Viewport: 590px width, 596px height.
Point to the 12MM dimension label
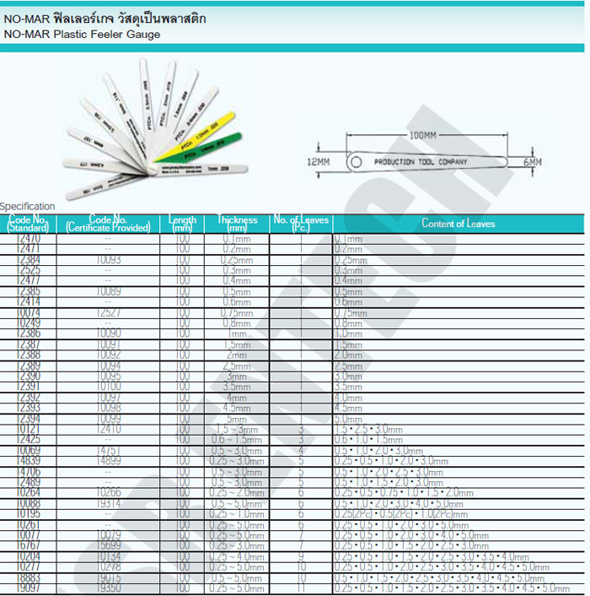click(x=317, y=160)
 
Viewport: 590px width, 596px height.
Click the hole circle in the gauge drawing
click(x=357, y=160)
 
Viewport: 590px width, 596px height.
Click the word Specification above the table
click(x=28, y=206)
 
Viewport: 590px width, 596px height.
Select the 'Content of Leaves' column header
click(x=459, y=224)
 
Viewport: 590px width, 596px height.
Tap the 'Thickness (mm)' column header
click(x=237, y=224)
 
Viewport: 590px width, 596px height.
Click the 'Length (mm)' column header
click(x=182, y=224)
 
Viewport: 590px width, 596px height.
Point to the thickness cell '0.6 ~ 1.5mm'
click(x=237, y=440)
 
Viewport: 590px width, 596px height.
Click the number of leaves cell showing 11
click(x=301, y=588)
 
